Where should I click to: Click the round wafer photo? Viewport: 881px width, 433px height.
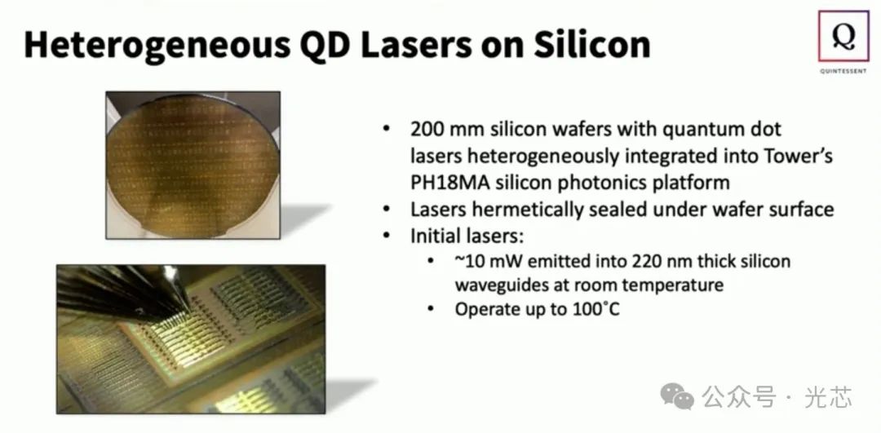coord(193,162)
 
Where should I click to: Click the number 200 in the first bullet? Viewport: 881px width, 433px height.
coord(426,130)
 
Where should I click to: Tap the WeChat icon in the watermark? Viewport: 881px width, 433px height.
coord(676,397)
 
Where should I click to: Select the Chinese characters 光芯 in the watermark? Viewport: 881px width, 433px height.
coord(827,398)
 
